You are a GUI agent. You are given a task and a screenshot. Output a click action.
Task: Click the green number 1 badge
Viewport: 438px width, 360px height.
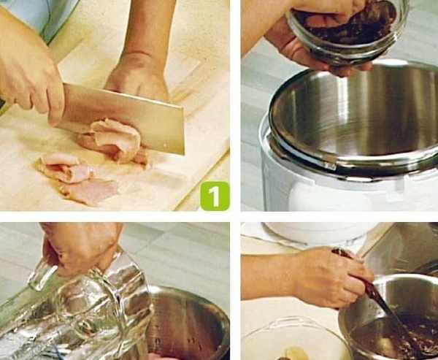pyautogui.click(x=215, y=196)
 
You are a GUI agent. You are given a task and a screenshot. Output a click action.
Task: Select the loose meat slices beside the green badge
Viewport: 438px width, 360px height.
pyautogui.click(x=75, y=179)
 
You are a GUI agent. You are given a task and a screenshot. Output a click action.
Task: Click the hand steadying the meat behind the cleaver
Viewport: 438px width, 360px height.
pyautogui.click(x=138, y=75)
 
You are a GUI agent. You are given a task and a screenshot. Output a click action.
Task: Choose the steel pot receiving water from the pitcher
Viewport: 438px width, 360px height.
pyautogui.click(x=187, y=324)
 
